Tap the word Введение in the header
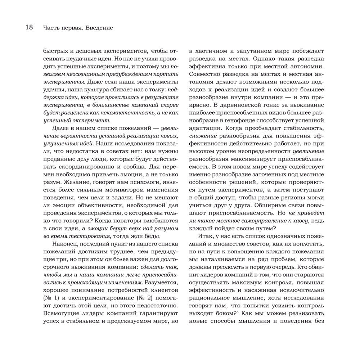[x=100, y=27]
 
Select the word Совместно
[x=205, y=76]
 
